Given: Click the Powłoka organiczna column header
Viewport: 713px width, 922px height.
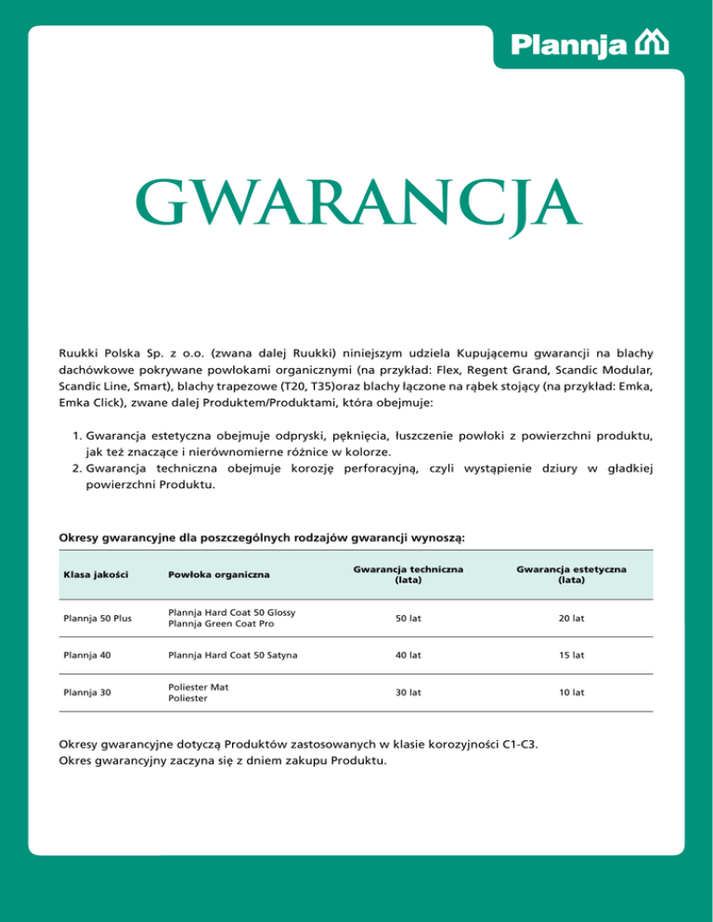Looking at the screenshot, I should coord(219,576).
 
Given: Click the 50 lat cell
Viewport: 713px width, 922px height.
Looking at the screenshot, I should coord(408,618).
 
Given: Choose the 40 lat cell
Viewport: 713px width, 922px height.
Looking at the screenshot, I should coord(408,655).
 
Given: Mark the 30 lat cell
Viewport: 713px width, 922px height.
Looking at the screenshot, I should coord(408,692).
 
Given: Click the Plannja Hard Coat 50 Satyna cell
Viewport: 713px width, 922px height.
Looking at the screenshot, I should coord(233,655).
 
